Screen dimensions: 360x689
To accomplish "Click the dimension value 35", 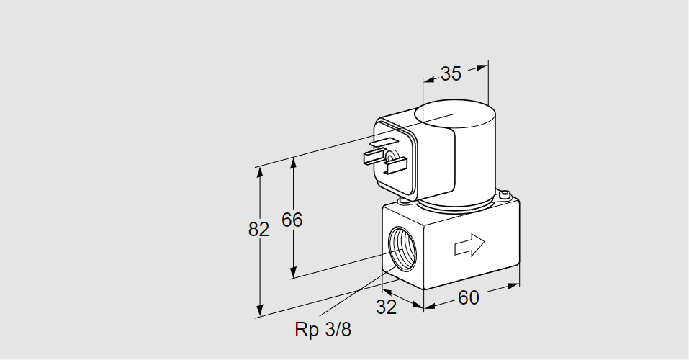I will coord(451,73).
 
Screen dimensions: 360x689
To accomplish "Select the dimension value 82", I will coord(258,230).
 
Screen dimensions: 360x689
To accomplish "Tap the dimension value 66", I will coord(292,220).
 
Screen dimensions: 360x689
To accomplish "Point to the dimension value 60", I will coord(468,297).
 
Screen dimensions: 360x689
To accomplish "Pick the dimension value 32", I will coord(387,307).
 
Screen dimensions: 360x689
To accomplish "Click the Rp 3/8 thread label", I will coord(323,330).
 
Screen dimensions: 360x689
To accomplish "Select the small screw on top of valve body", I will coord(505,194).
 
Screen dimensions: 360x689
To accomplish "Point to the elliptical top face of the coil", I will coord(456,113).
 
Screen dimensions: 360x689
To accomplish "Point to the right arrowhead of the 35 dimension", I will coord(483,67).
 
